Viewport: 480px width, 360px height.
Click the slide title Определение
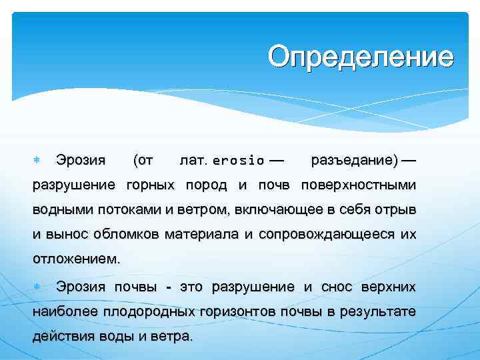[361, 57]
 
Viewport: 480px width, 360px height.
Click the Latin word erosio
[238, 161]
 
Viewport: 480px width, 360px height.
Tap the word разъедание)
[355, 160]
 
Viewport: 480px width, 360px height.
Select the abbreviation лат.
[194, 160]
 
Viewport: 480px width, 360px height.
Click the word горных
[151, 185]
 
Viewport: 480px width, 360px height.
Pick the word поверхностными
[359, 185]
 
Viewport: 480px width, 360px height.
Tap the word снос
[336, 287]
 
